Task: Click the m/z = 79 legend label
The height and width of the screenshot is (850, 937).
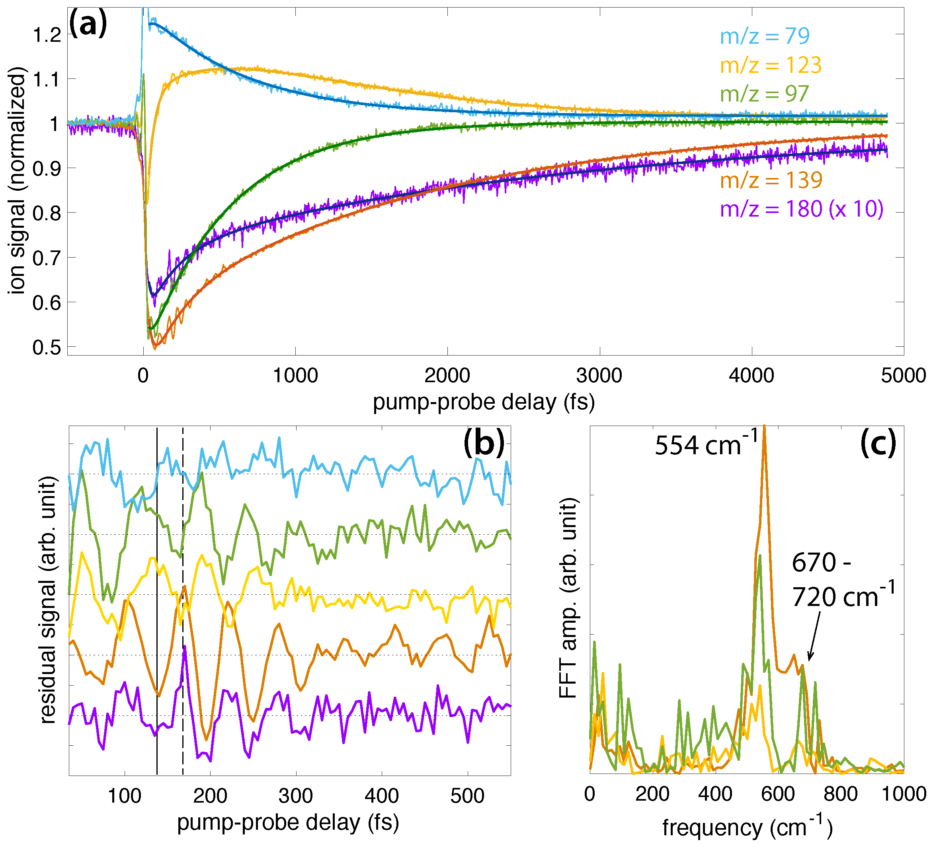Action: (765, 36)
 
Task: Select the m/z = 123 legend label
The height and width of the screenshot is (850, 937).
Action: (771, 65)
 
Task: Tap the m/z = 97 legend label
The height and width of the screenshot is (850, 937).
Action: (765, 94)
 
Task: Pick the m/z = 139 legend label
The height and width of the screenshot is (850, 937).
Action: (771, 180)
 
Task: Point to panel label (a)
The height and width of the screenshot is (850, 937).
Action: (88, 24)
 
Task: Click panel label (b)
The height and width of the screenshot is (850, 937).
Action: (484, 443)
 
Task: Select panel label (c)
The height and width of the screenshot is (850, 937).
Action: (878, 443)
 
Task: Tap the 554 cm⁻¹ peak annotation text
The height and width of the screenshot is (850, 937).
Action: (706, 444)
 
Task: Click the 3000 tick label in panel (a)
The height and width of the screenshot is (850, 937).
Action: (599, 375)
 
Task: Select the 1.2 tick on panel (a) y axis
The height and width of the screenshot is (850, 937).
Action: (47, 35)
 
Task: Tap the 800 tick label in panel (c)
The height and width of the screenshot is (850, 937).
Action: (840, 793)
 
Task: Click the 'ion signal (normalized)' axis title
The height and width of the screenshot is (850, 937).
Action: (17, 180)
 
